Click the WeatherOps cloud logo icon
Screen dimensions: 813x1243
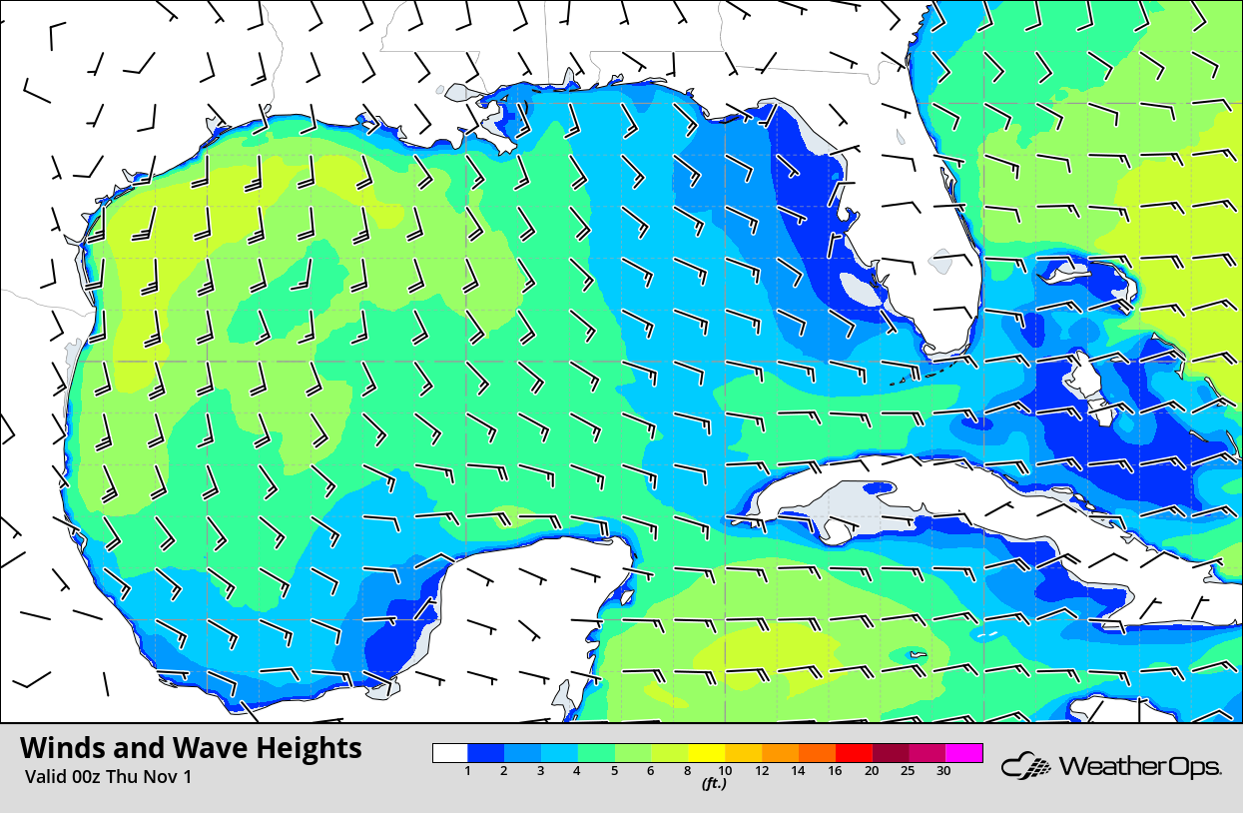(1026, 767)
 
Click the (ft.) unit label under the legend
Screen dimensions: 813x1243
(713, 784)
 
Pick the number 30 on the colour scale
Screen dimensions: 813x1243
(943, 770)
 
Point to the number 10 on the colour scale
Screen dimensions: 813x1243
(725, 770)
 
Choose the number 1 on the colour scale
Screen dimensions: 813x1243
(468, 770)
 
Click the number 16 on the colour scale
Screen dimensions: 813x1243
(835, 770)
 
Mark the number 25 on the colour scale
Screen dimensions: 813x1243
(908, 770)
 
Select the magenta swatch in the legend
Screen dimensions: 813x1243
(964, 753)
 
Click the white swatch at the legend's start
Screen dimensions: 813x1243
(450, 753)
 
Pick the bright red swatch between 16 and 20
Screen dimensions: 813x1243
(854, 753)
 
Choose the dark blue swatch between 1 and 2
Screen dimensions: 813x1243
(486, 753)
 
